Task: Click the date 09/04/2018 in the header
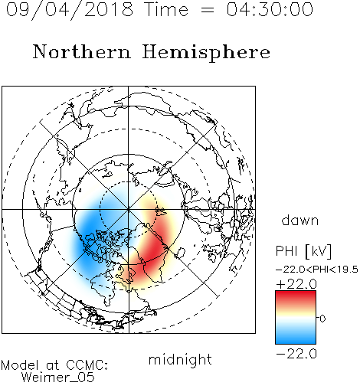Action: pyautogui.click(x=70, y=10)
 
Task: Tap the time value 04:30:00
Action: pyautogui.click(x=270, y=9)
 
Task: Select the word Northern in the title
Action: pyautogui.click(x=82, y=51)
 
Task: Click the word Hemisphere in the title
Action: pyautogui.click(x=206, y=52)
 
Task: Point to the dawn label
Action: pyautogui.click(x=300, y=220)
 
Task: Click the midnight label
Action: pyautogui.click(x=180, y=360)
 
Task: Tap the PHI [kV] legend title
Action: pyautogui.click(x=303, y=251)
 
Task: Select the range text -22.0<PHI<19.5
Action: pyautogui.click(x=317, y=270)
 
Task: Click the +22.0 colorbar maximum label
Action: pyautogui.click(x=296, y=284)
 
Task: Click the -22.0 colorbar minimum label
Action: pyautogui.click(x=296, y=354)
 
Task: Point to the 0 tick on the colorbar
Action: pyautogui.click(x=322, y=319)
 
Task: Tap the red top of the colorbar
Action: pyautogui.click(x=296, y=296)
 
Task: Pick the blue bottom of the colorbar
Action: pyautogui.click(x=296, y=338)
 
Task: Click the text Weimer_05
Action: pyautogui.click(x=58, y=378)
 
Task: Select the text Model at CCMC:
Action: pyautogui.click(x=54, y=365)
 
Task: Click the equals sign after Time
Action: pyautogui.click(x=207, y=10)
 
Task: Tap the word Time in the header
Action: pyautogui.click(x=166, y=9)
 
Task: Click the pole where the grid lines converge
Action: pyautogui.click(x=128, y=210)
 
